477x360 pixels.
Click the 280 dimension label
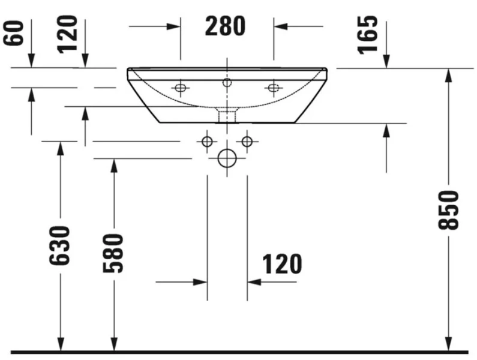point(226,26)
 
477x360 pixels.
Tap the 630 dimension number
point(61,245)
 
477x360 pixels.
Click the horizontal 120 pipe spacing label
point(281,263)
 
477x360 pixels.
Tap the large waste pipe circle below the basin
point(227,158)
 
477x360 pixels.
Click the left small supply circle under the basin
point(207,142)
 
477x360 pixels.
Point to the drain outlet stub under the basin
point(227,115)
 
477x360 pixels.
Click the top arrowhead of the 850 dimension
point(448,74)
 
